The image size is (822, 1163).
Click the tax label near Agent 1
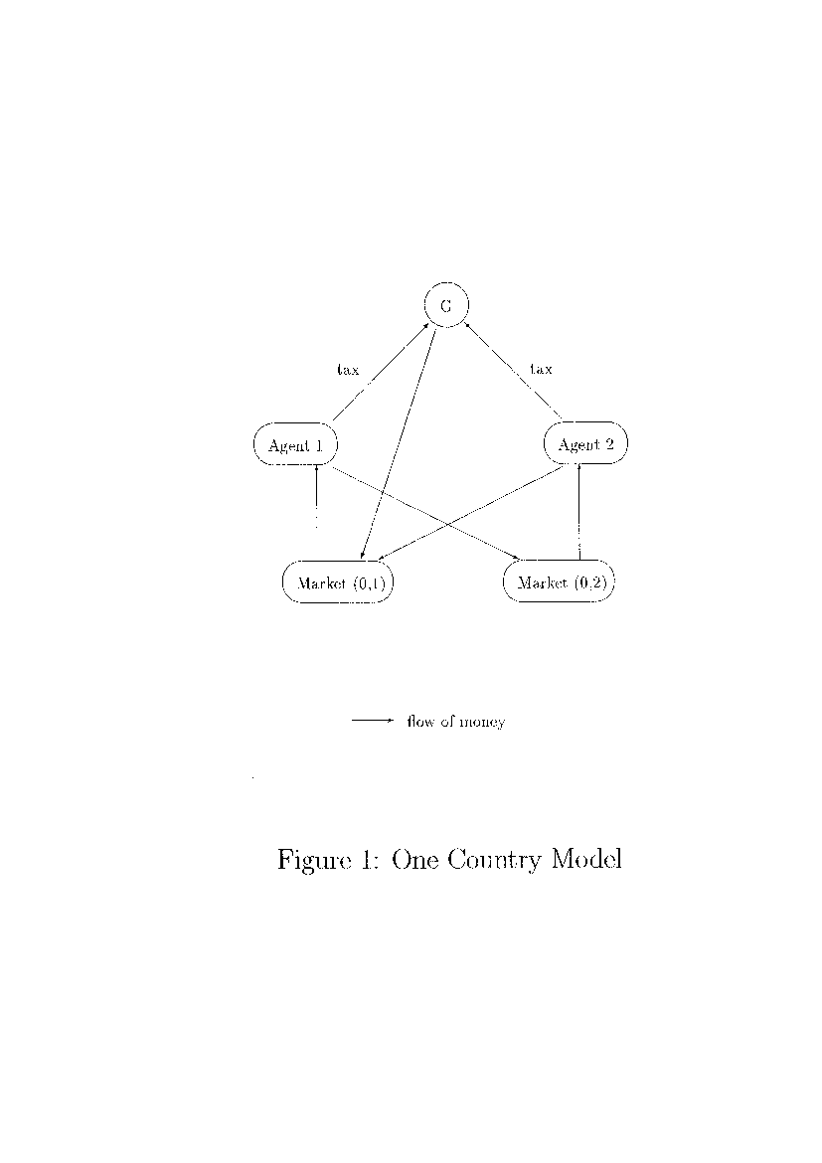(x=348, y=369)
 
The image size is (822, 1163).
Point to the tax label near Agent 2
(x=541, y=368)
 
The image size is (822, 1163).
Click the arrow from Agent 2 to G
(x=514, y=371)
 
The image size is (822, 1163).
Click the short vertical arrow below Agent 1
(x=317, y=495)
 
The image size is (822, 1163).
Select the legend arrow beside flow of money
(x=372, y=721)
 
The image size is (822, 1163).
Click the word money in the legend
(x=482, y=722)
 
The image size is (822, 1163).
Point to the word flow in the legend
(x=420, y=721)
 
